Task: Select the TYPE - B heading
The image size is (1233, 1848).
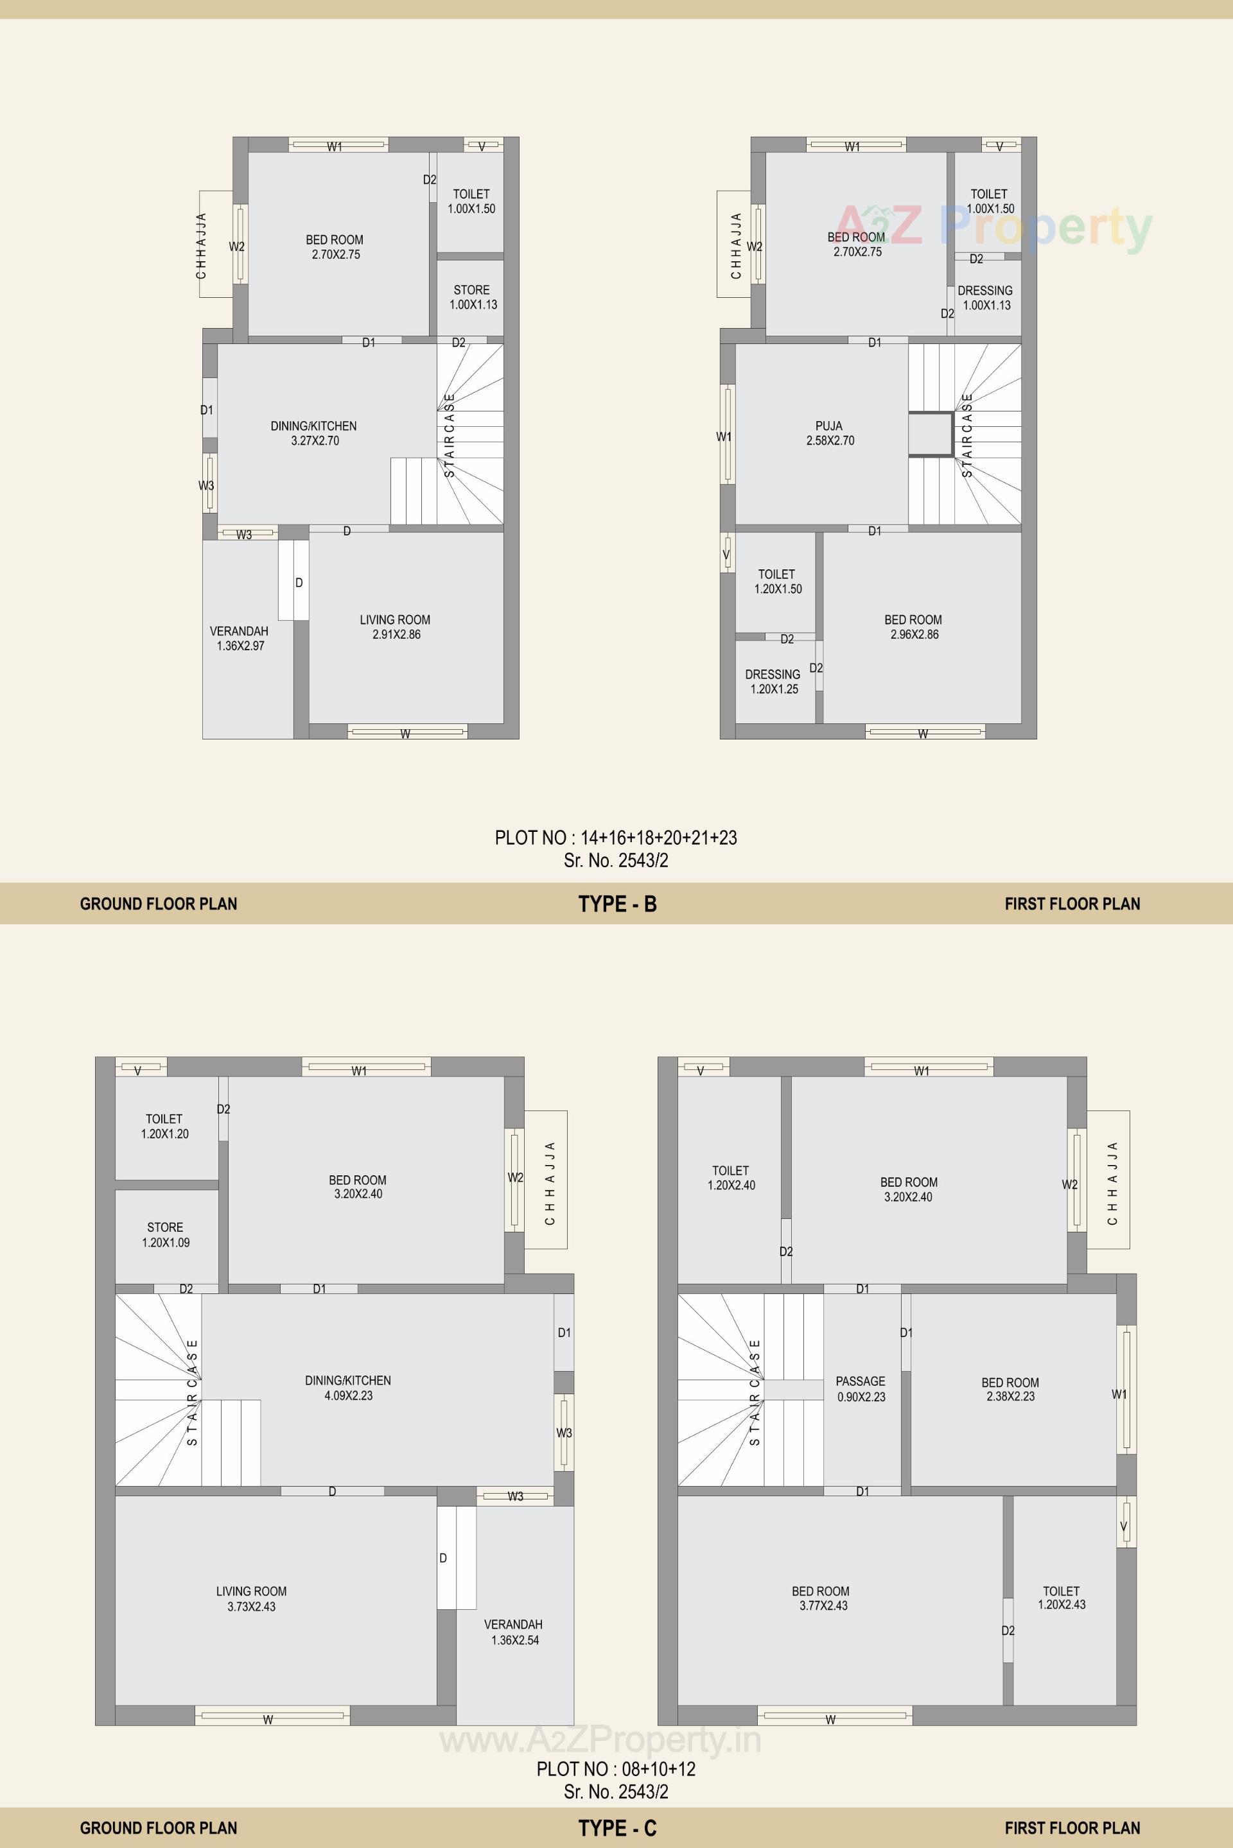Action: (617, 904)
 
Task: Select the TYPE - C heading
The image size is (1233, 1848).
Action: (617, 1828)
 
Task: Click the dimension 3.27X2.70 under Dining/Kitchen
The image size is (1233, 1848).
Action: (315, 441)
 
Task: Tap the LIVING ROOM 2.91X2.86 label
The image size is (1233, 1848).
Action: (396, 627)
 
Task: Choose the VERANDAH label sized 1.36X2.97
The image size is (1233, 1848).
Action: (239, 638)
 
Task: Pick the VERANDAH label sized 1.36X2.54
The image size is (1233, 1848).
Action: (514, 1632)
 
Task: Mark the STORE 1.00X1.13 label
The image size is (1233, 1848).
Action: (473, 297)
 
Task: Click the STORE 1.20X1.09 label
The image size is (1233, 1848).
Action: (165, 1235)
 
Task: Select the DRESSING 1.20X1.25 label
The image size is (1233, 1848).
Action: (773, 682)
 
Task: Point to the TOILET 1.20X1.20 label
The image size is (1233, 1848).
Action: (164, 1126)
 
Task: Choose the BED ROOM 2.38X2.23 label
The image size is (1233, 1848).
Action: (1010, 1389)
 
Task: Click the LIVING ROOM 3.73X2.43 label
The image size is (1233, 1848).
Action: (252, 1599)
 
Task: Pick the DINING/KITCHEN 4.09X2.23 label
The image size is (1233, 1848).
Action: (347, 1387)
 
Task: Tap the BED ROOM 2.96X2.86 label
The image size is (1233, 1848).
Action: (914, 627)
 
